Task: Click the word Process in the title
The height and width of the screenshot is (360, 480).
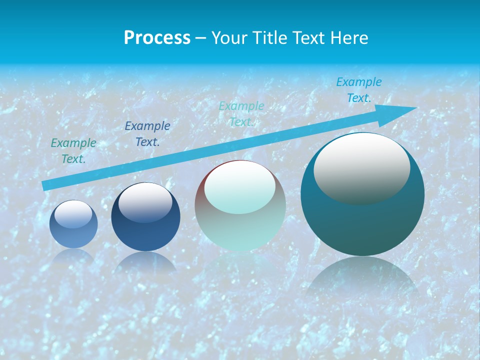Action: pyautogui.click(x=157, y=37)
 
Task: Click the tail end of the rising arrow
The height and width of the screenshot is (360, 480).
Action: pyautogui.click(x=46, y=185)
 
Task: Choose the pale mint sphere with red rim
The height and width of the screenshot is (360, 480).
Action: pyautogui.click(x=240, y=205)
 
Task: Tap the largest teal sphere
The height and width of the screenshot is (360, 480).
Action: pyautogui.click(x=362, y=220)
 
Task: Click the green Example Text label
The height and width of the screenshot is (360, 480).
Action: pyautogui.click(x=73, y=151)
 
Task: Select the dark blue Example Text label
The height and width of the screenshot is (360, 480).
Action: pyautogui.click(x=147, y=134)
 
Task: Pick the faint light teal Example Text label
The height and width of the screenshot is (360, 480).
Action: pyautogui.click(x=241, y=114)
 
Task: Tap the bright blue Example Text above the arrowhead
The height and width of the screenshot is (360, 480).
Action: pyautogui.click(x=359, y=90)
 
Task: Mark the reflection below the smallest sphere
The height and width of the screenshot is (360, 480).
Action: pyautogui.click(x=73, y=255)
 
